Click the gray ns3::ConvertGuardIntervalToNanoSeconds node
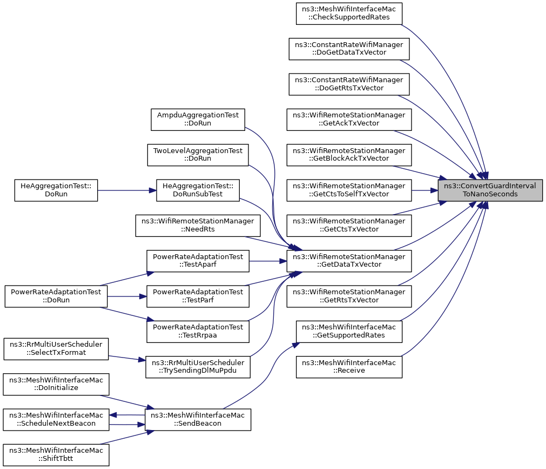coord(490,190)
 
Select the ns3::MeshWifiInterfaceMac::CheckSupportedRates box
coord(349,14)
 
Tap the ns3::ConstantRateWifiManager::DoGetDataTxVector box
coord(349,49)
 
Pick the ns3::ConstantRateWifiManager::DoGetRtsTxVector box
coord(349,84)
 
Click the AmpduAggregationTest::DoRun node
coord(198,120)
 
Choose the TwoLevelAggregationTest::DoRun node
coord(198,155)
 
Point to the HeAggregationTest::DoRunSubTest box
coord(198,190)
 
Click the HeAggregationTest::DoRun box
coord(56,190)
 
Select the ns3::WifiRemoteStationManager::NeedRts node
coord(198,226)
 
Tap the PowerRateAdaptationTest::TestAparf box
coord(198,261)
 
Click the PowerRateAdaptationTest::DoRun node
coord(56,296)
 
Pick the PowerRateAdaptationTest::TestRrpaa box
coord(198,332)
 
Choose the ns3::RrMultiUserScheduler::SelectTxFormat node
coord(56,349)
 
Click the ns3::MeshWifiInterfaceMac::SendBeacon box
coord(198,419)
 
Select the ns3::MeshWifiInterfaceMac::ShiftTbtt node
coord(56,455)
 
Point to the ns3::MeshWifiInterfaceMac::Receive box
coord(349,367)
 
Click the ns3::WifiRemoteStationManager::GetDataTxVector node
coord(349,261)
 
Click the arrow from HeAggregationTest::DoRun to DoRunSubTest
coord(127,190)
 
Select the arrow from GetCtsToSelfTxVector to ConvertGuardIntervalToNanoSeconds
coord(425,190)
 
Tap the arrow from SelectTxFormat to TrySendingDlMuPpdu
coord(127,358)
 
